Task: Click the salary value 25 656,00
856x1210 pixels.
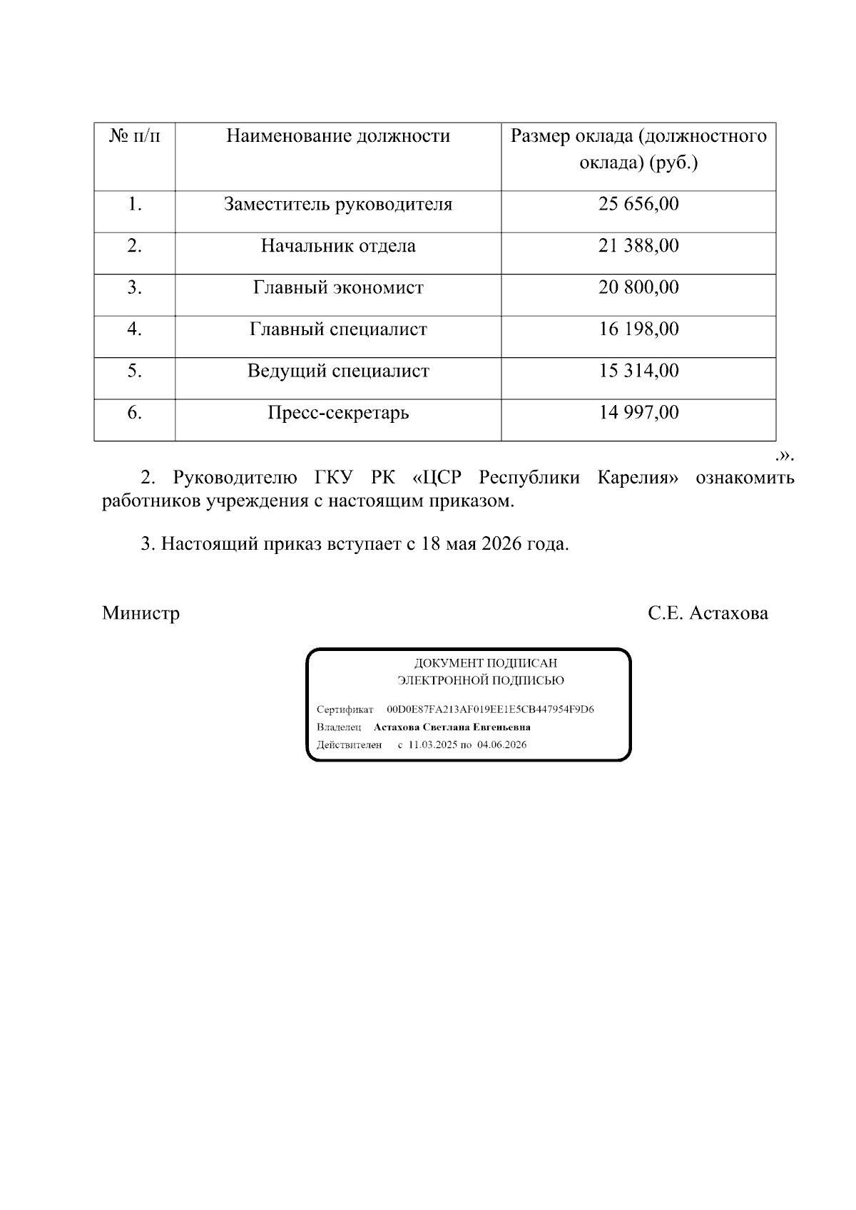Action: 638,205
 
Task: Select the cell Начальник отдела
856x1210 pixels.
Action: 338,247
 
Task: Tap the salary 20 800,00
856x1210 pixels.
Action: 638,288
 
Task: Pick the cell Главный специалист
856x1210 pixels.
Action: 338,329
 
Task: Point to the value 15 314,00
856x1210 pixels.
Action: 638,371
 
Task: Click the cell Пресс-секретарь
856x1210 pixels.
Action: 338,413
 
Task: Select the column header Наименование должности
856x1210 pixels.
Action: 338,136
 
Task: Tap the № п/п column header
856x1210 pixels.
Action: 135,136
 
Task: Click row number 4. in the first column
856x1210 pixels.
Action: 135,329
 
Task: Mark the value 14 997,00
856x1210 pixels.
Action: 638,413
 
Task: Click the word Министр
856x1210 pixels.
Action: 141,613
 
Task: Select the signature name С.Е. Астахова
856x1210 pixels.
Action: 708,613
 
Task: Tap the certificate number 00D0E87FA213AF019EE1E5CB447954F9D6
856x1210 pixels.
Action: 490,710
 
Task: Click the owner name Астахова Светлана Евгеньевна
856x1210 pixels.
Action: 452,727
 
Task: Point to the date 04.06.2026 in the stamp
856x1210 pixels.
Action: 501,745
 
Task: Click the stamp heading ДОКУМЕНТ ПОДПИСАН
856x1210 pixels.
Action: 486,664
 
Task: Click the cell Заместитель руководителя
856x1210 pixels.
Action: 338,205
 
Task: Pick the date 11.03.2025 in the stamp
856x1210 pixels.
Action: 432,745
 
